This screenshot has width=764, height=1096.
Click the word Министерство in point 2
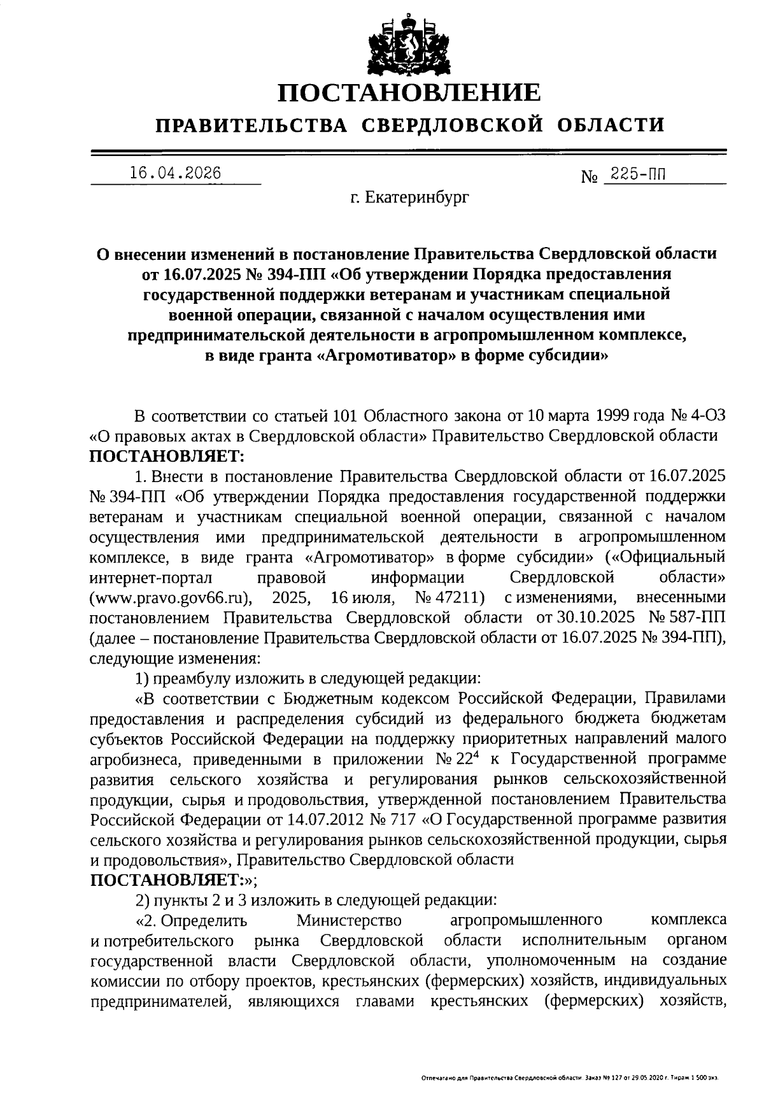[x=349, y=920]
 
